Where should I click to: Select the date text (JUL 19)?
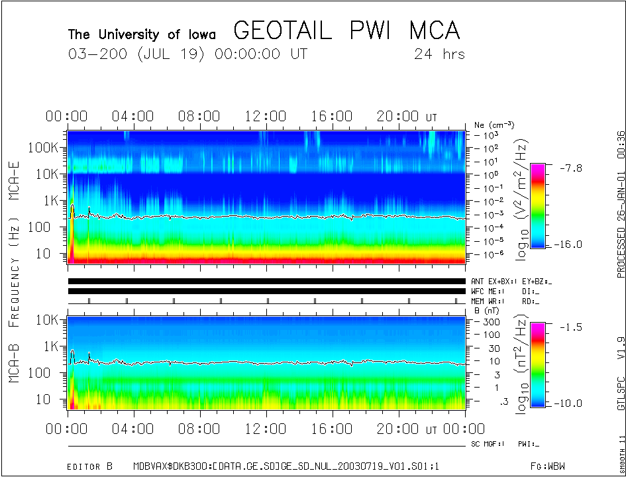(x=172, y=54)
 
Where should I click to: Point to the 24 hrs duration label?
(x=439, y=54)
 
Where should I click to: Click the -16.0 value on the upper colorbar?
(x=569, y=244)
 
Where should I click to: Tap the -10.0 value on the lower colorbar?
(x=569, y=403)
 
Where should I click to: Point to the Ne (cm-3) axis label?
(x=494, y=125)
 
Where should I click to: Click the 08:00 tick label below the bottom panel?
(x=199, y=430)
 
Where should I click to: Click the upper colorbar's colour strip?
(x=538, y=206)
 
